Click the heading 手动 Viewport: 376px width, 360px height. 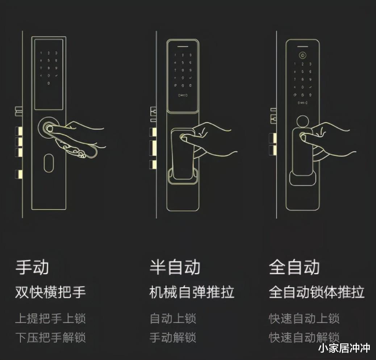[x=32, y=268]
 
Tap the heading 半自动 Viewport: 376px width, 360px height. [x=175, y=268]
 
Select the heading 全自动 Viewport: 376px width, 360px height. [x=294, y=268]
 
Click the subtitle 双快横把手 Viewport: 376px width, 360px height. [x=50, y=292]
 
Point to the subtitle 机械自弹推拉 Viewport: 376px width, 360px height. [x=192, y=292]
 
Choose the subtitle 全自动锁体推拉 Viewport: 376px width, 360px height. [x=316, y=292]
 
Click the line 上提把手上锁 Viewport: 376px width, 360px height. [x=50, y=319]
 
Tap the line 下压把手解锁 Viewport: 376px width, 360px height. [x=50, y=338]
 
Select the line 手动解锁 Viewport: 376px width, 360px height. [x=173, y=338]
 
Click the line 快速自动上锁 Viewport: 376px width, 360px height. [x=304, y=319]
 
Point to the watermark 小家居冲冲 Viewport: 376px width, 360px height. [x=344, y=348]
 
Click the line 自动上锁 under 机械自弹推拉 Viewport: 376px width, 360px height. [x=173, y=319]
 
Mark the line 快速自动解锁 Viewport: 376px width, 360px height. [x=304, y=338]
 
